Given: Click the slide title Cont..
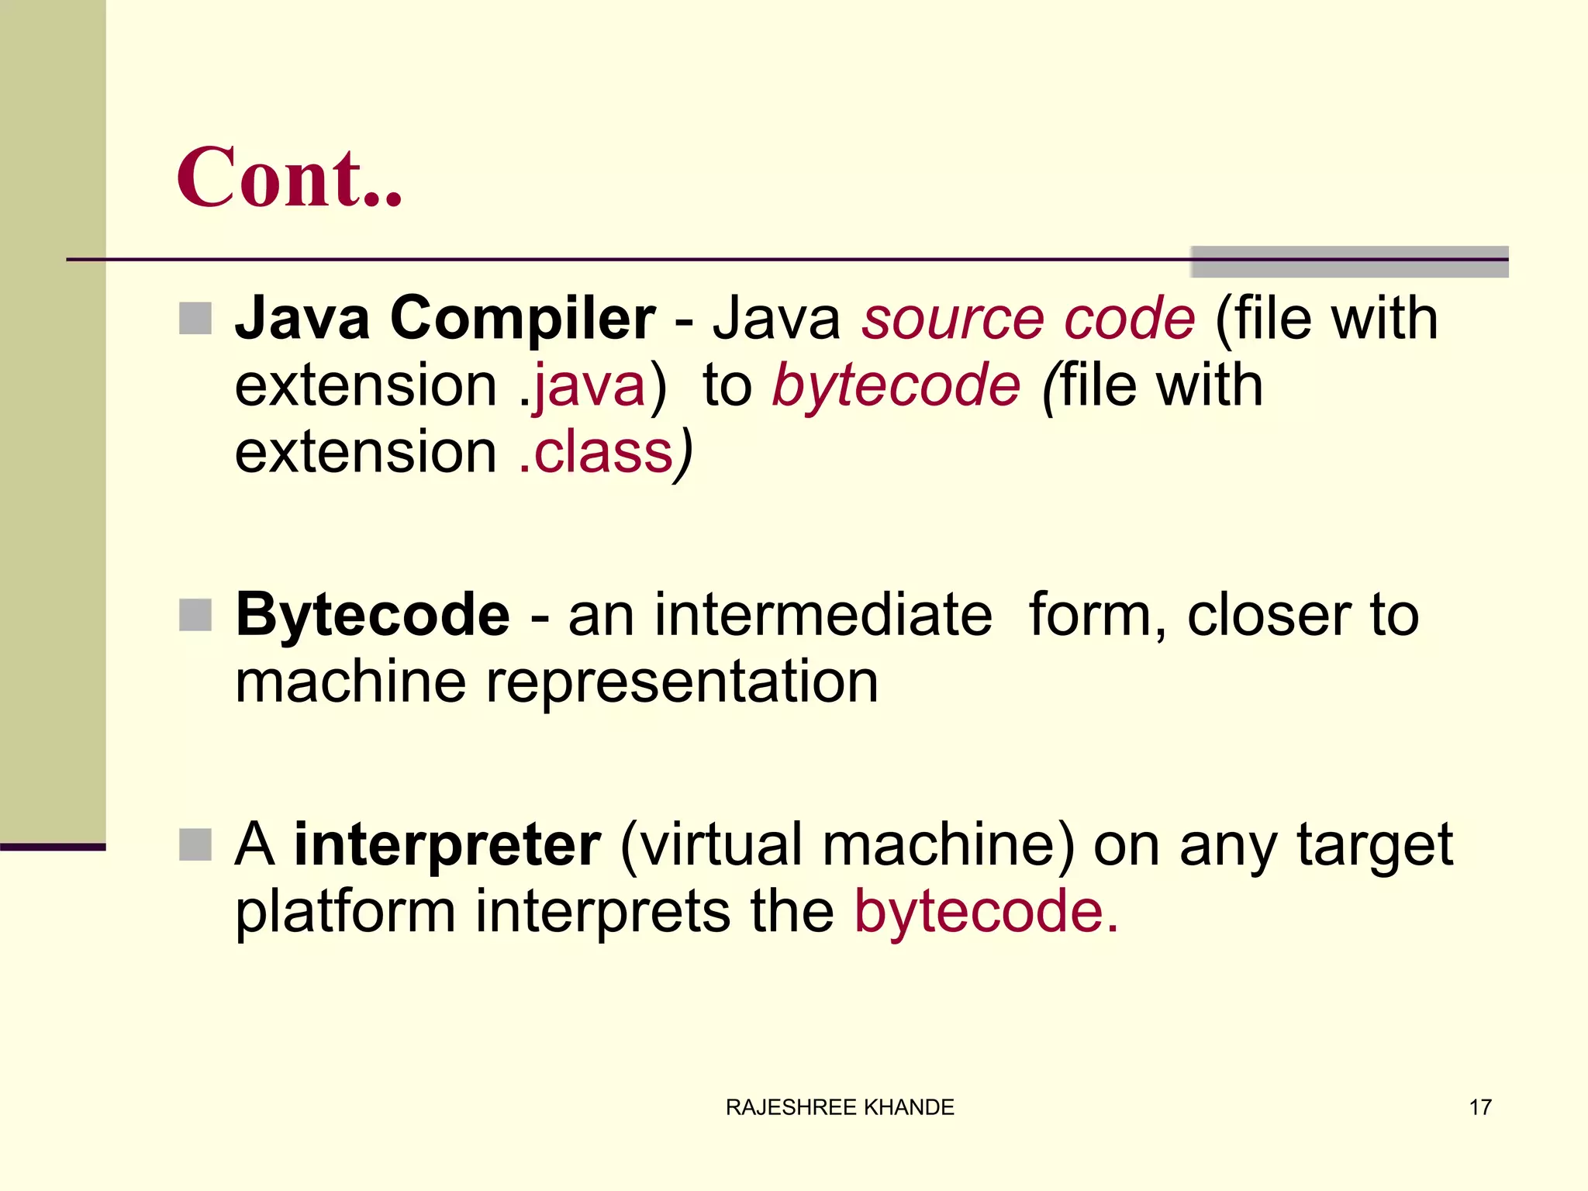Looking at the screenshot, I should pyautogui.click(x=288, y=178).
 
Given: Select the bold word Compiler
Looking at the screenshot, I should pyautogui.click(x=523, y=318).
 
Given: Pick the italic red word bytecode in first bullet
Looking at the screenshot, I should pyautogui.click(x=896, y=385).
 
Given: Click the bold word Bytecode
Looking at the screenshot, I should pyautogui.click(x=373, y=615).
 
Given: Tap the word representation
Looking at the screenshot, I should pyautogui.click(x=682, y=682).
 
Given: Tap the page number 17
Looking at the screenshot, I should pyautogui.click(x=1480, y=1107).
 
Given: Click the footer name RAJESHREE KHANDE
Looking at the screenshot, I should pyautogui.click(x=840, y=1107).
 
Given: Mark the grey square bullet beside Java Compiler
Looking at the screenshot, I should pyautogui.click(x=195, y=318).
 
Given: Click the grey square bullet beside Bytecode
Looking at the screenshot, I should pyautogui.click(x=195, y=615).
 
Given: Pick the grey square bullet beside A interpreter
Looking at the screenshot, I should pyautogui.click(x=195, y=844).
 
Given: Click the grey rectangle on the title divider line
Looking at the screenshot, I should pyautogui.click(x=1349, y=262).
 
